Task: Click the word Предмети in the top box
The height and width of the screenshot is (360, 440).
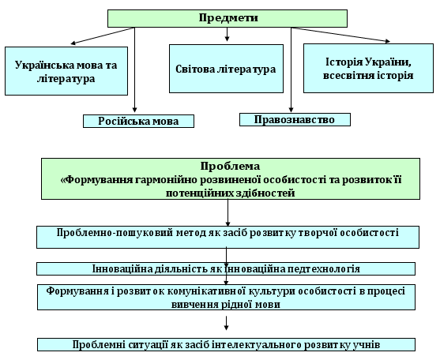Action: coord(228,18)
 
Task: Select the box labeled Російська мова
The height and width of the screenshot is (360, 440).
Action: coord(138,121)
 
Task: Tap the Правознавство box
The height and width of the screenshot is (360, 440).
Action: coord(295,120)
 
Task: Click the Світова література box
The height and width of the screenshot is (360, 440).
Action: coord(226,69)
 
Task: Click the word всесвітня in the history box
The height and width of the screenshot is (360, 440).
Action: coord(344,76)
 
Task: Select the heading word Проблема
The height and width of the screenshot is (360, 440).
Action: coord(230,167)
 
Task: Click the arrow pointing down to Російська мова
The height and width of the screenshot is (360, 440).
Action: coord(135,69)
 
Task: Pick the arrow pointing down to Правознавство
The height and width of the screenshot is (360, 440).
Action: coord(291,69)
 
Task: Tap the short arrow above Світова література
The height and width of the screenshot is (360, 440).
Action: coord(227,34)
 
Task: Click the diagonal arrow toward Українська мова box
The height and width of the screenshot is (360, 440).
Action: coord(102,36)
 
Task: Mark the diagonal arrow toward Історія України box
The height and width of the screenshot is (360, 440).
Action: coord(341,35)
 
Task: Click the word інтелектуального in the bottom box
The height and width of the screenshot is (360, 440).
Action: coord(257,344)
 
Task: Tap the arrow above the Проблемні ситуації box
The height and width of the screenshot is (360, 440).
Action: coord(226,323)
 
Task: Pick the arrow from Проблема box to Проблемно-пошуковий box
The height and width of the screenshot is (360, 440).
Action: coord(228,212)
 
